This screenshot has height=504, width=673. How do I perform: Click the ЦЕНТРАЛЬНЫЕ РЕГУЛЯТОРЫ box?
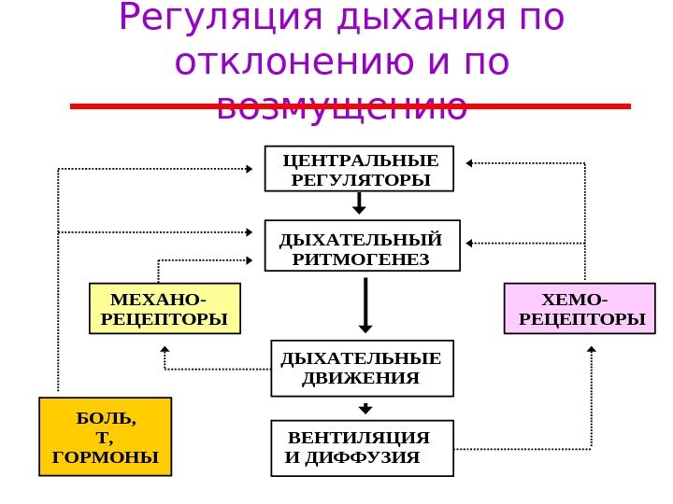point(360,168)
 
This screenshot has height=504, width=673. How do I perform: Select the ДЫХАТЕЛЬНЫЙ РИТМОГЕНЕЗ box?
point(363,245)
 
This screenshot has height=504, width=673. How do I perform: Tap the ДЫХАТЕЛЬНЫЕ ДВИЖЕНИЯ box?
point(362,368)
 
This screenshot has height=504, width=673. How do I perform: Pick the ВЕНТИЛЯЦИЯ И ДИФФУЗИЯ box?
point(361,448)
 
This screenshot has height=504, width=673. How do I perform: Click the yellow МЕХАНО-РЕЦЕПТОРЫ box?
point(165,309)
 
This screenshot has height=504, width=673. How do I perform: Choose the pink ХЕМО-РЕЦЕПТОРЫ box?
point(580,309)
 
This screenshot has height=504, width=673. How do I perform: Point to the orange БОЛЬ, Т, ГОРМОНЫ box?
point(106,437)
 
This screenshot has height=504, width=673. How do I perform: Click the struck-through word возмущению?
point(341,107)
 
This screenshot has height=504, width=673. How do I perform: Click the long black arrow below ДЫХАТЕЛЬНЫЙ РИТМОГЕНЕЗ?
point(365,303)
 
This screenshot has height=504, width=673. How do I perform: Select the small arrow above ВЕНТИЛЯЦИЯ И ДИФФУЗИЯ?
point(365,408)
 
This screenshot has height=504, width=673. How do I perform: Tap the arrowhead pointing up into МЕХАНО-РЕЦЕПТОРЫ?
point(165,351)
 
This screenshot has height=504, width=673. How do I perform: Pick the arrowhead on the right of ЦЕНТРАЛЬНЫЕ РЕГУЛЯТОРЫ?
point(470,164)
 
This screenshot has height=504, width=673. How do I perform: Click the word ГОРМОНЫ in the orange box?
point(106,457)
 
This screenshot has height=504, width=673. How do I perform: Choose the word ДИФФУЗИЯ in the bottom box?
point(377,458)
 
